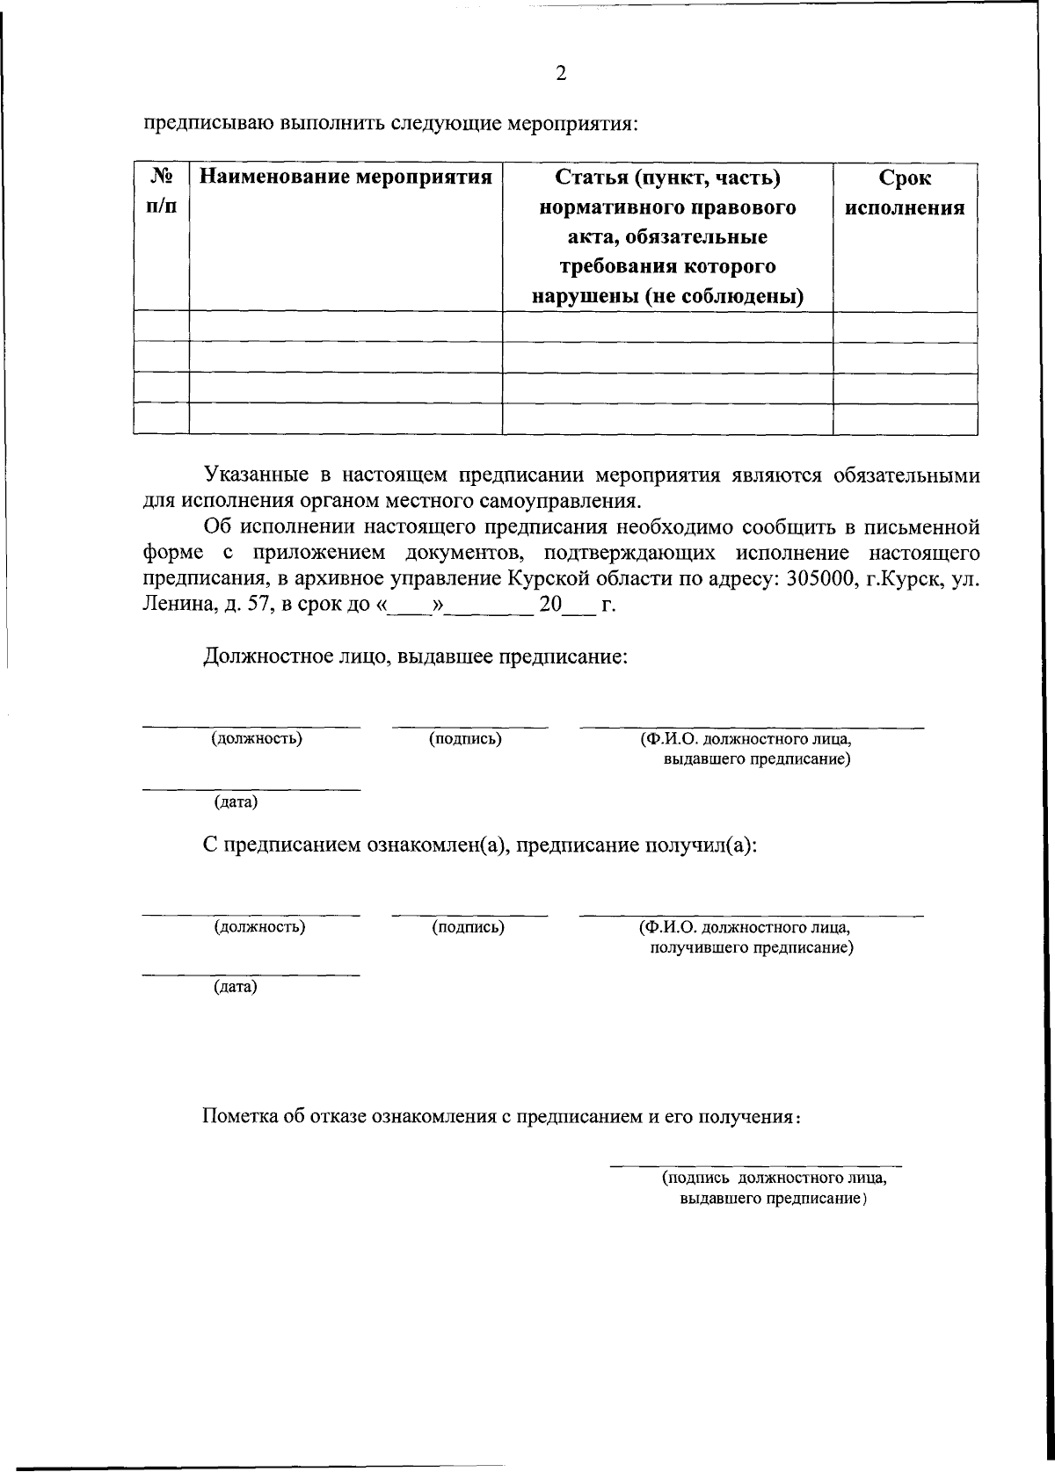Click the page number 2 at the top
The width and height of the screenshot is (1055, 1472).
(561, 73)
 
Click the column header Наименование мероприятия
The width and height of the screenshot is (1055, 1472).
(346, 178)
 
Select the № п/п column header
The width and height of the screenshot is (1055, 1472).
(161, 192)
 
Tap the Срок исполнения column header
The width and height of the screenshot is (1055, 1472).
(905, 193)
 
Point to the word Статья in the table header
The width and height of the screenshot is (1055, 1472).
(593, 178)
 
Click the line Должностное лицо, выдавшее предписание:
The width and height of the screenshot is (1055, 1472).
(415, 656)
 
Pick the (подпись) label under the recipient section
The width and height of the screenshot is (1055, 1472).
(468, 926)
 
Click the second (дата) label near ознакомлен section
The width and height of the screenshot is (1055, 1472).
(236, 987)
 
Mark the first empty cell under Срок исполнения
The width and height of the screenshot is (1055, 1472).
(905, 327)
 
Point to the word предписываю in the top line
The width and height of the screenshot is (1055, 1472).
(205, 121)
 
